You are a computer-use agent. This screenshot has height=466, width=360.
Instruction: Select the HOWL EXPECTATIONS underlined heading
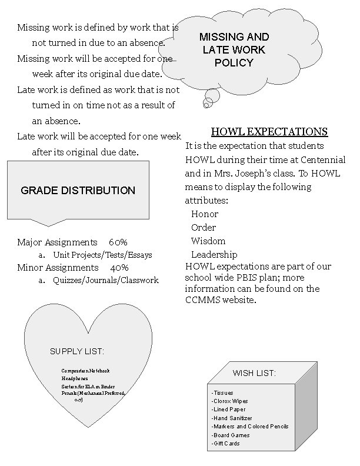pos(269,132)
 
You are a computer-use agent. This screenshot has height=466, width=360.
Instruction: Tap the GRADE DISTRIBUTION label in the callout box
pos(78,191)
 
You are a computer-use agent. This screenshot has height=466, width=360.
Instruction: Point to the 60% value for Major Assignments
pos(118,242)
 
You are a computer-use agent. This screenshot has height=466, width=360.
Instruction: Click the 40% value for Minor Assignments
pos(119,268)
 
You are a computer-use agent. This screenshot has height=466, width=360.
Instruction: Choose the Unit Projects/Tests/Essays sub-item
pos(102,255)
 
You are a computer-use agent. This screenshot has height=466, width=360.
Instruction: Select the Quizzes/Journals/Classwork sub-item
pos(106,281)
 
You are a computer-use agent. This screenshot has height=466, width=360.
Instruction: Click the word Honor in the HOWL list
pos(204,214)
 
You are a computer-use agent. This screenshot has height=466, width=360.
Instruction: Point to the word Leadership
pos(214,255)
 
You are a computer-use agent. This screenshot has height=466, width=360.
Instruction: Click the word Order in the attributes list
pos(204,228)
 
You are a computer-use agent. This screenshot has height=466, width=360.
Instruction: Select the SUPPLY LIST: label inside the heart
pos(77,352)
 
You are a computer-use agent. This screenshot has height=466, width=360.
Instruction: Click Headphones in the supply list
pos(75,378)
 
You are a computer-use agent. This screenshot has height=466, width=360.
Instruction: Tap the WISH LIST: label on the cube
pos(254,373)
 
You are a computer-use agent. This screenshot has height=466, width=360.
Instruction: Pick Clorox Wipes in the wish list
pos(231,401)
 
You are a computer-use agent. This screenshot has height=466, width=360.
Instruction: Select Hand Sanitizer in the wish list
pos(233,418)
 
